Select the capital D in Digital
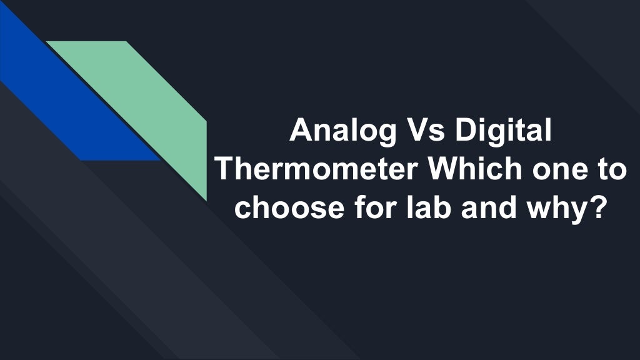467,132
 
